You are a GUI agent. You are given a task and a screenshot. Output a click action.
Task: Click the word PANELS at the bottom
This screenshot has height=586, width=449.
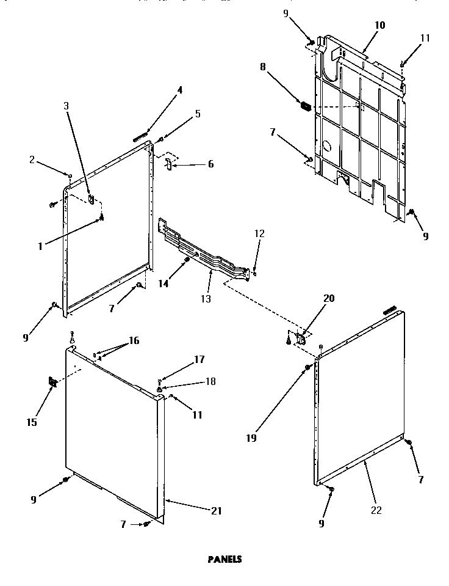click(225, 559)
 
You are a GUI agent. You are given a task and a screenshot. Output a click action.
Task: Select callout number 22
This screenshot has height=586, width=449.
click(376, 510)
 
